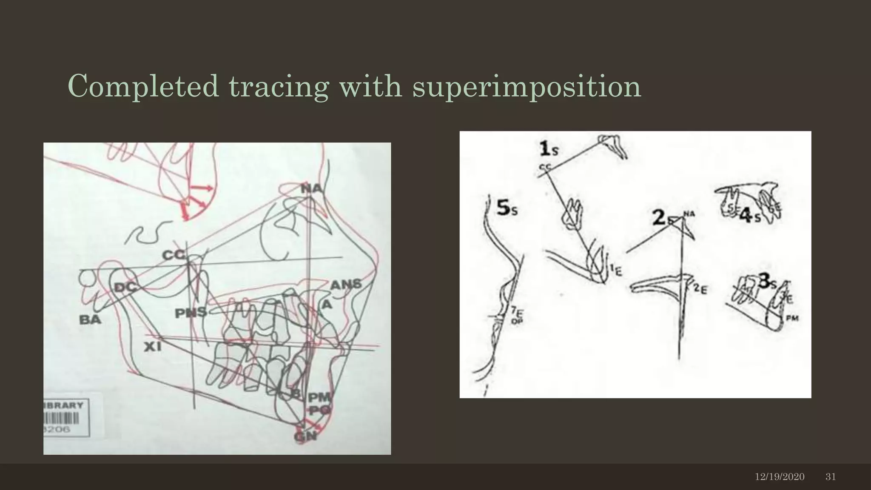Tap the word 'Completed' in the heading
(x=143, y=86)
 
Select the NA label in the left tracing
(x=312, y=188)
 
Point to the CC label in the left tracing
(x=174, y=255)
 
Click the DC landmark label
(x=125, y=288)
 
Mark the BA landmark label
(x=90, y=320)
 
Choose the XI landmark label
(x=152, y=347)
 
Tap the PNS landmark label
(x=191, y=313)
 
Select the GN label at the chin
(x=305, y=436)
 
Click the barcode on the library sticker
(x=63, y=419)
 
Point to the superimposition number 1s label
(x=549, y=150)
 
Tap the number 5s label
(x=507, y=208)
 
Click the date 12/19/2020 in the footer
(x=780, y=477)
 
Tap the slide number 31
(x=831, y=477)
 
